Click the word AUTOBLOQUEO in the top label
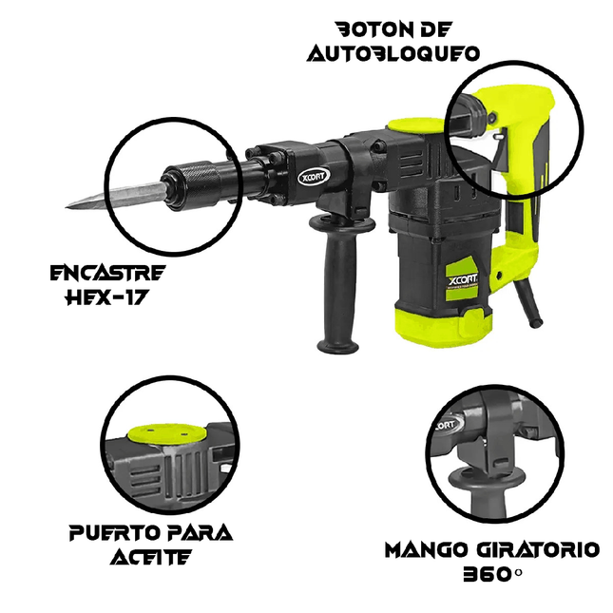pos(393,53)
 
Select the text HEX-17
pos(106,297)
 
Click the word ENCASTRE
pos(108,273)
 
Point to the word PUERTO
pos(114,532)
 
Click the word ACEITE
pos(150,557)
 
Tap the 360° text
pos(492,574)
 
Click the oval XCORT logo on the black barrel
pos(314,177)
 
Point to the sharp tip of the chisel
pos(66,207)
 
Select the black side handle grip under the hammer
pos(339,282)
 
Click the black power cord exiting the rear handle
pos(527,302)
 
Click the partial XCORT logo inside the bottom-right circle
pos(448,425)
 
